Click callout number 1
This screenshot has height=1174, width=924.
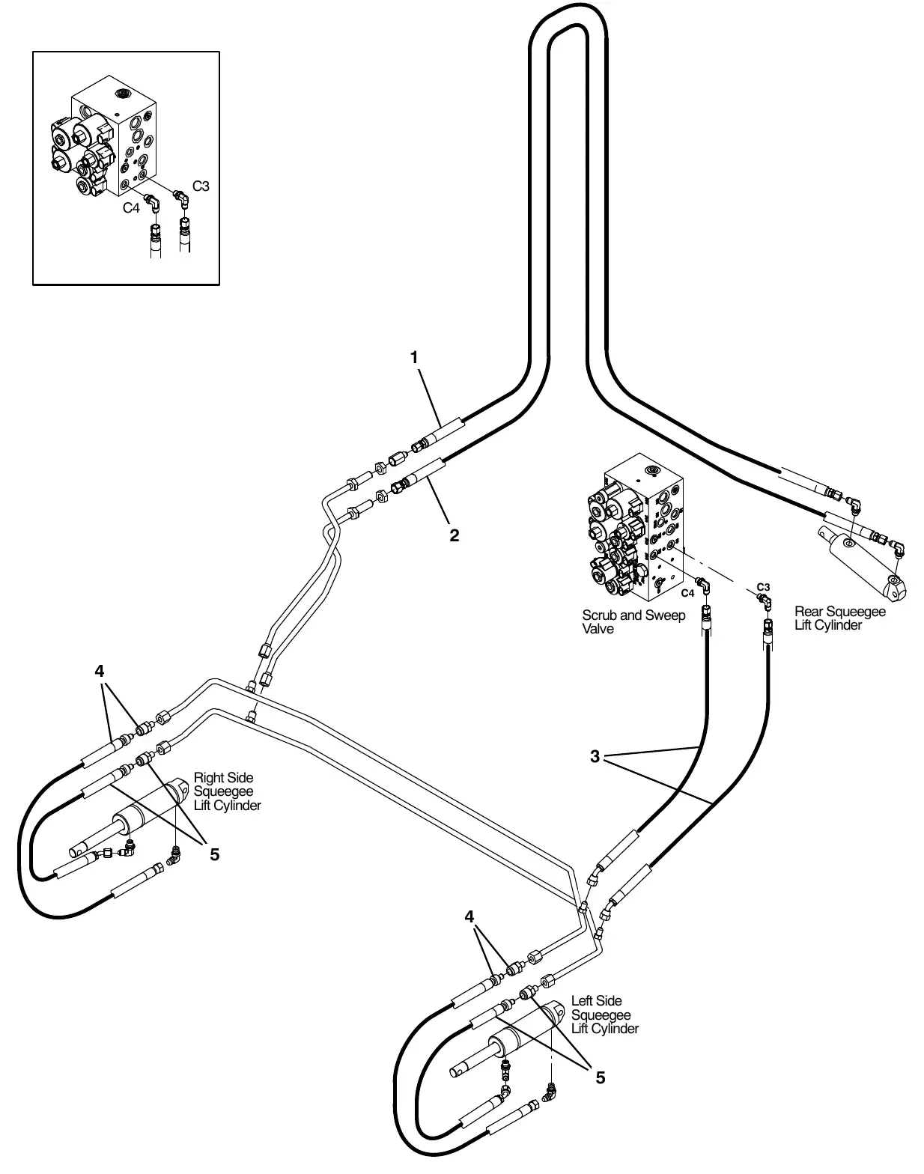[x=414, y=357]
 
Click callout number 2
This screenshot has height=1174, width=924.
[x=454, y=535]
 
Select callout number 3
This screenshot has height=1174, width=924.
[x=595, y=756]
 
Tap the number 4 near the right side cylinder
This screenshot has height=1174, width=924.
[x=100, y=670]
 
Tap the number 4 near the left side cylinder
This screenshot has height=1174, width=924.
[x=469, y=916]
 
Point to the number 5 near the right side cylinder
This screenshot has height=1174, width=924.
[x=214, y=855]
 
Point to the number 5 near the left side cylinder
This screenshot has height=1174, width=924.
[x=601, y=1077]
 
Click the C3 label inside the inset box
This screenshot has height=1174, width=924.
[x=201, y=186]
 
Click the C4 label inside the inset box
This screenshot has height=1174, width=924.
[x=131, y=208]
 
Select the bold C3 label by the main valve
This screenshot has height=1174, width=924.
[x=763, y=587]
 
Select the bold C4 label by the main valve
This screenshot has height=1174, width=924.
[x=687, y=593]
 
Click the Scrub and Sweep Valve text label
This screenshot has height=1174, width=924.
[x=633, y=622]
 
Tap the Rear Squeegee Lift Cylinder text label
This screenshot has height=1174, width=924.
[x=840, y=618]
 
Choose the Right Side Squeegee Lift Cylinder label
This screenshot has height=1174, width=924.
[x=228, y=791]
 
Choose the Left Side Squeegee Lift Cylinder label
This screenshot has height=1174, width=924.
[x=605, y=1015]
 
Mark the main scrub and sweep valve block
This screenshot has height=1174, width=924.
[x=636, y=526]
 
